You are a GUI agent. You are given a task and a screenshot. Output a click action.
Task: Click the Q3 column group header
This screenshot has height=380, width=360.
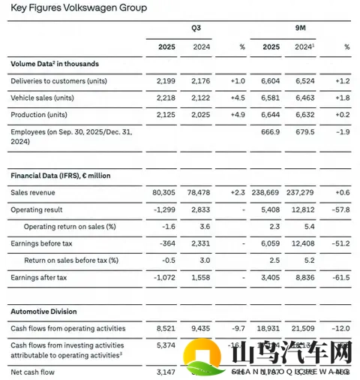[196, 29]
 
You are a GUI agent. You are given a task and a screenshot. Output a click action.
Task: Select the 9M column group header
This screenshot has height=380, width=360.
[301, 29]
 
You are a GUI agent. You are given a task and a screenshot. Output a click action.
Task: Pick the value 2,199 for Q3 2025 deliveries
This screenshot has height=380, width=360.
[166, 80]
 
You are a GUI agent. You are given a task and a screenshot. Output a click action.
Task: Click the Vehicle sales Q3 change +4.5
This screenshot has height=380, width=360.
[236, 97]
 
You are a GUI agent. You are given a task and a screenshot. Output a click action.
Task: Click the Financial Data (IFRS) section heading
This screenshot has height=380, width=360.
[61, 175]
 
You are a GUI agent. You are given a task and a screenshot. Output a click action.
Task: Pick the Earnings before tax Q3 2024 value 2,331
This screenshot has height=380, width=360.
[200, 243]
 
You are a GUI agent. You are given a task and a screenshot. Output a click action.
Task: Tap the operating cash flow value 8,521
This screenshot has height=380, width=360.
[166, 328]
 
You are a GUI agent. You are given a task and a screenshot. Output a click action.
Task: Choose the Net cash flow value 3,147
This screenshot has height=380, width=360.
[166, 371]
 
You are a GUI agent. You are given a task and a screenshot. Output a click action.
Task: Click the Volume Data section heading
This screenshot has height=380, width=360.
[54, 64]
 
